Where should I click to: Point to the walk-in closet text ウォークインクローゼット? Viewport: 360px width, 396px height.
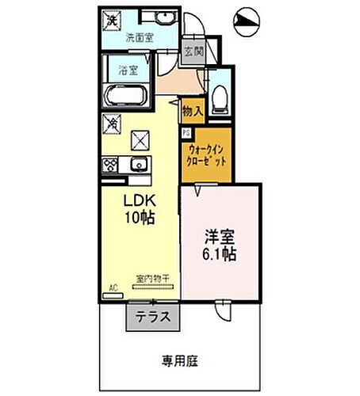click(209, 153)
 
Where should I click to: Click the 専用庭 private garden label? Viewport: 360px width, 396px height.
click(180, 361)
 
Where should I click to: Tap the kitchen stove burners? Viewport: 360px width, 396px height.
click(110, 166)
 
